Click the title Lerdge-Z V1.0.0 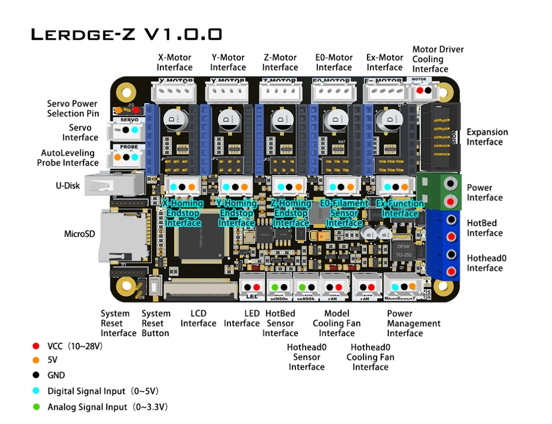[127, 34]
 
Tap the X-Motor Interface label [175, 62]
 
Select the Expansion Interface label [487, 137]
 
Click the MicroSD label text [79, 234]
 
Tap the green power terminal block [439, 191]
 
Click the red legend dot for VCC [36, 346]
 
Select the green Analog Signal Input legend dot [36, 407]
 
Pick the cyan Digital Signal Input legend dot [36, 391]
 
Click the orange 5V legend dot [36, 360]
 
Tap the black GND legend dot [36, 375]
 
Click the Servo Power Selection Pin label [73, 108]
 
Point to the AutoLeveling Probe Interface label [67, 158]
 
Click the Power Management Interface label [413, 323]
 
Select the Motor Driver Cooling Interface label [438, 59]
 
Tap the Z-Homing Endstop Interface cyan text [290, 213]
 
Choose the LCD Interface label [198, 318]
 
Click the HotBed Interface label [485, 228]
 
